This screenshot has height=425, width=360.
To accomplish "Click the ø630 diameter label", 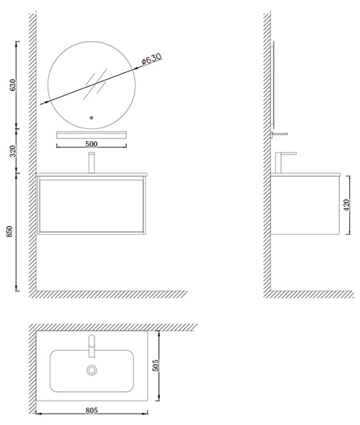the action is click(x=151, y=58).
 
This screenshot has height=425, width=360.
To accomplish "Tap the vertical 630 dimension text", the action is click(x=13, y=84).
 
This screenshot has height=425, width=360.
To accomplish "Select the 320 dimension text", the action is click(x=13, y=151).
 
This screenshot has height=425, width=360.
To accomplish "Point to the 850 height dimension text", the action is click(x=9, y=231).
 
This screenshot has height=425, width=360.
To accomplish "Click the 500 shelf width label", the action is click(x=91, y=144).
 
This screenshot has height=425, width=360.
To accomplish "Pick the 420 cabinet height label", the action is click(x=346, y=205).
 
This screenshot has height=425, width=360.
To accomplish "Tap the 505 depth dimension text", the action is click(x=156, y=366).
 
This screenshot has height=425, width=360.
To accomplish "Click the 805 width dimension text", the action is click(x=91, y=411).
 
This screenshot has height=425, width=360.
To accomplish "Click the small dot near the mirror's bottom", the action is click(x=91, y=117).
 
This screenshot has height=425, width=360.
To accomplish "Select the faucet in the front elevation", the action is click(x=91, y=163).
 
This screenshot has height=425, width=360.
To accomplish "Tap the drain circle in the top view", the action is click(x=92, y=370).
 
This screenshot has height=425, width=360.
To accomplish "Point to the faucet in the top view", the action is click(x=92, y=346).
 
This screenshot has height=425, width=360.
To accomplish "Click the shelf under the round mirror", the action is click(x=91, y=135).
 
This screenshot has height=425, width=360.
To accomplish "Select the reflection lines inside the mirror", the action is click(x=95, y=84).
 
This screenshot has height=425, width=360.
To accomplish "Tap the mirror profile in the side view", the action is click(x=272, y=85).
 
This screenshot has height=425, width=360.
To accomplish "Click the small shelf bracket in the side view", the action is click(x=279, y=134).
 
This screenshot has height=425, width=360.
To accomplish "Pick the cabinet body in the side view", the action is click(x=305, y=205).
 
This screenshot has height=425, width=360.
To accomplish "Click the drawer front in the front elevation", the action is click(x=91, y=206).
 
